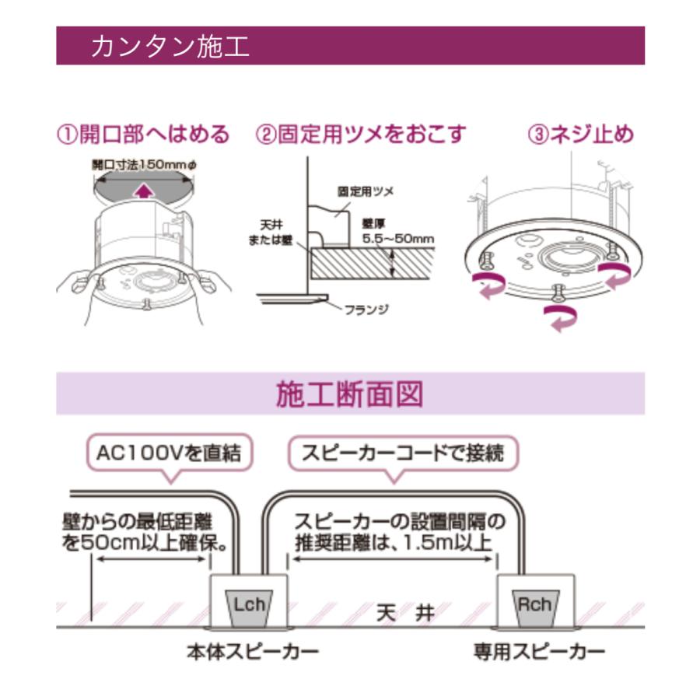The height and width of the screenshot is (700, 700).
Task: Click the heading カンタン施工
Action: pos(170,46)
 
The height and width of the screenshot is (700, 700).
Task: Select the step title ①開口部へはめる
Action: pos(143,135)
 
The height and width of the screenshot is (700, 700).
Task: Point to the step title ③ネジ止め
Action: pos(581,135)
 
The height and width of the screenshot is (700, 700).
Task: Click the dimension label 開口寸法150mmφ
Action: pos(142,165)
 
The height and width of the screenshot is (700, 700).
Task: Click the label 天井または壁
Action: pos(278,229)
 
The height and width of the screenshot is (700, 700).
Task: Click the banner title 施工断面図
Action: pos(350,394)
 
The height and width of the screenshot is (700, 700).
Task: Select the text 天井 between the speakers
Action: pos(405,612)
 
